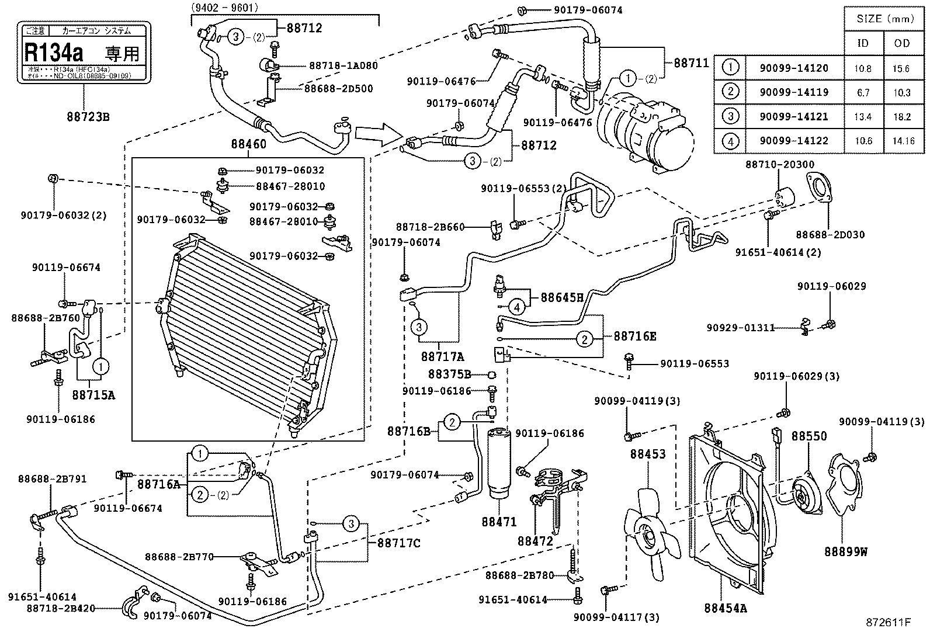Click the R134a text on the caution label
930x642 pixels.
point(54,52)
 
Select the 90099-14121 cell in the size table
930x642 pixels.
point(793,117)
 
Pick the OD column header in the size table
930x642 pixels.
point(902,43)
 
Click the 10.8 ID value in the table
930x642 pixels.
point(863,68)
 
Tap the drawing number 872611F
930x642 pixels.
point(888,622)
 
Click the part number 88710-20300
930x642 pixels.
point(779,165)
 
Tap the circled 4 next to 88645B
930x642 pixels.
point(516,306)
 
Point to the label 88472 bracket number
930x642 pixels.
point(535,541)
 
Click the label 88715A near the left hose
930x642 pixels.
point(93,395)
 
